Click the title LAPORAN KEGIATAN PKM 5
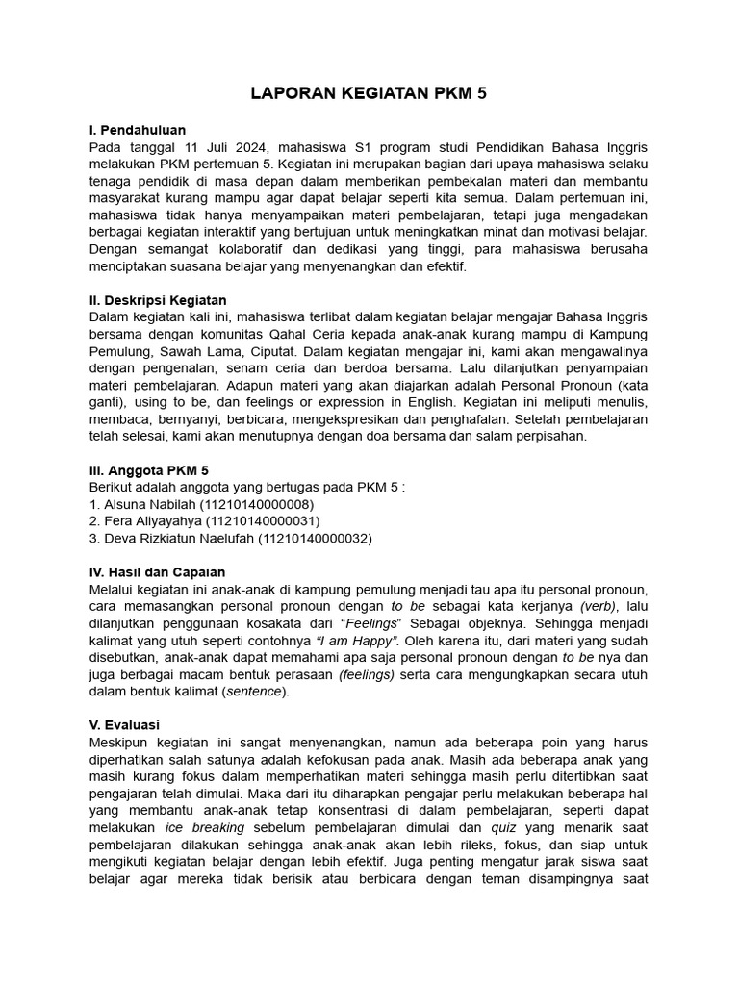pos(369,93)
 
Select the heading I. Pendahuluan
pos(137,130)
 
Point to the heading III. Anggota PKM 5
pos(148,470)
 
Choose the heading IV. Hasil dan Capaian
pos(156,571)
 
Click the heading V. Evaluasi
pos(124,724)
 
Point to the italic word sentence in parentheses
pos(254,690)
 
